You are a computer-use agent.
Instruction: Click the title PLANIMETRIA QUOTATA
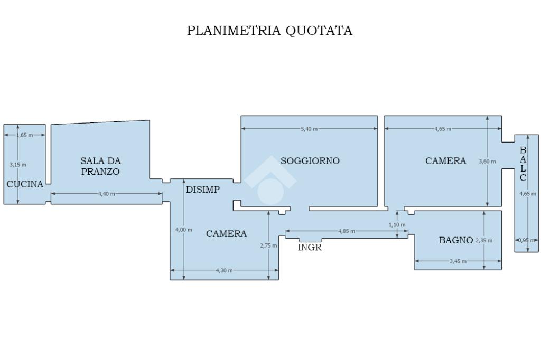269,31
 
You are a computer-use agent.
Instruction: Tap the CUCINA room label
25,184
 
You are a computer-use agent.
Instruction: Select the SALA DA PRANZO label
100,166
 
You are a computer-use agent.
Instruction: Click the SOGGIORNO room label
310,160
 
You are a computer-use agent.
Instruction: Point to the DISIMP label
203,190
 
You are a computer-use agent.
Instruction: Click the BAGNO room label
456,240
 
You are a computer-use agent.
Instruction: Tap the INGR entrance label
310,247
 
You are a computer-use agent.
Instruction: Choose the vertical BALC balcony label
523,164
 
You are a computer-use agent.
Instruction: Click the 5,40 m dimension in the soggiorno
309,129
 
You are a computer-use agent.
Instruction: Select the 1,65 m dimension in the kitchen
24,135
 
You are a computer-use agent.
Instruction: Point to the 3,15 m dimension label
17,165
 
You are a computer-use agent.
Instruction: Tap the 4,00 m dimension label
183,230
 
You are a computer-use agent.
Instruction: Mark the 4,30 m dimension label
224,271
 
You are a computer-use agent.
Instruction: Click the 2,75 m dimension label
268,245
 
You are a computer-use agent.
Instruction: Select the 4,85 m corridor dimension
347,231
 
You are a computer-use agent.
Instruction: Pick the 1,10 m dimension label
397,225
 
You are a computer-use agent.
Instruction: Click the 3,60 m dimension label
487,162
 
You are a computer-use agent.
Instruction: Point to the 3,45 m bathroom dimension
458,261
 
